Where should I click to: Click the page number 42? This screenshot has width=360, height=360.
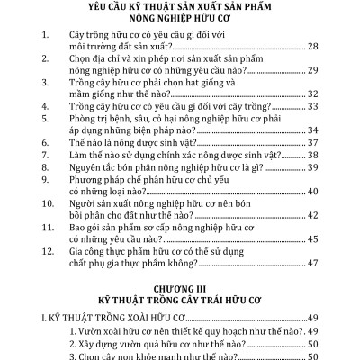tap(321, 215)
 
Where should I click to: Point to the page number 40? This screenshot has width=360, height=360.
tap(321, 191)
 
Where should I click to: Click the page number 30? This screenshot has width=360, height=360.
tap(321, 80)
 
